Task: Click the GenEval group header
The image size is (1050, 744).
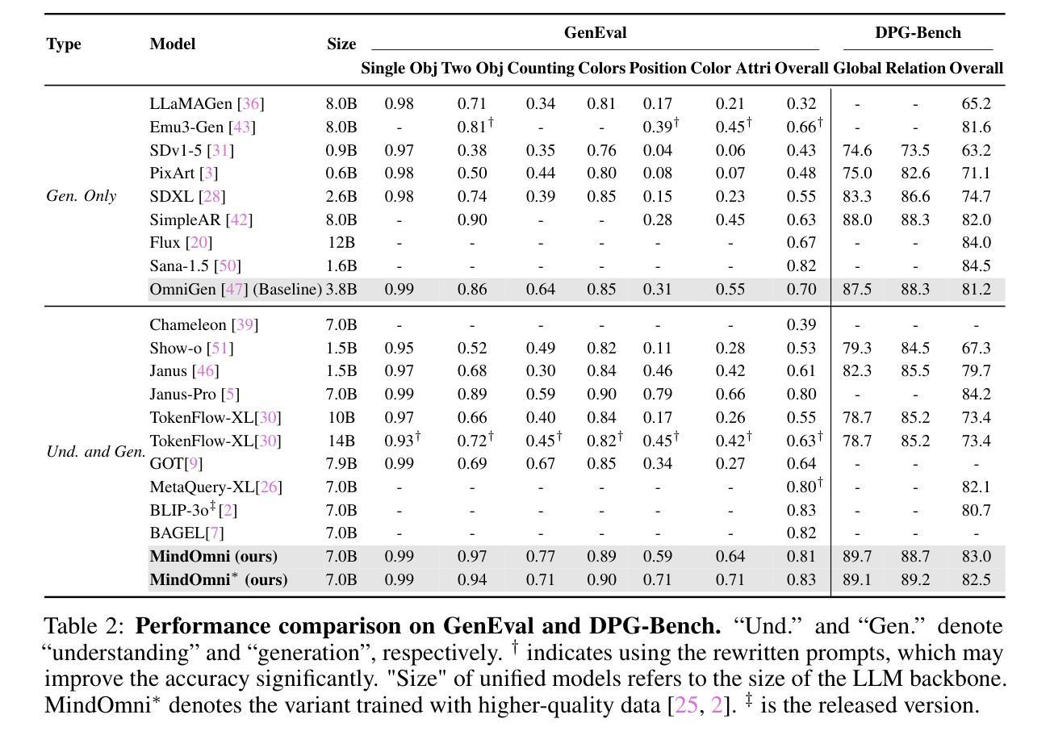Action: tap(595, 32)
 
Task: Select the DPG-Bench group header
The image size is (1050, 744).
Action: tap(918, 32)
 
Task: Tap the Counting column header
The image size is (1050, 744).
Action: tap(541, 68)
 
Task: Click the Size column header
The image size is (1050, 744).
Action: tap(341, 44)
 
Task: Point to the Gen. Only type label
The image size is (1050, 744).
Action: tap(81, 196)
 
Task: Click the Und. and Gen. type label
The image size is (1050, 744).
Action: tap(96, 451)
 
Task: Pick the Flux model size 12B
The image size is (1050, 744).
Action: tap(341, 242)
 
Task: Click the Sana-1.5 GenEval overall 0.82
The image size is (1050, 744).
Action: tap(801, 265)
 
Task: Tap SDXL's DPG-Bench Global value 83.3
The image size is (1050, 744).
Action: tap(857, 196)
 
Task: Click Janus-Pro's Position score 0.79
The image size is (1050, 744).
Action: tap(657, 394)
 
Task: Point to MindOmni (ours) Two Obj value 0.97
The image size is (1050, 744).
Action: tap(472, 556)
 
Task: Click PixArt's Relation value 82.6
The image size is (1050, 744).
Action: tap(915, 173)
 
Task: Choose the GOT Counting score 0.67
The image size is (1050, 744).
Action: tap(541, 463)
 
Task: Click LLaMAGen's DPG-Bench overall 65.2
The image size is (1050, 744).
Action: tap(977, 103)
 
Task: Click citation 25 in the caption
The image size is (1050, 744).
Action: tap(686, 705)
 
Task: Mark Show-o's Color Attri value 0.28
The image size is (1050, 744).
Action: tap(730, 348)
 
